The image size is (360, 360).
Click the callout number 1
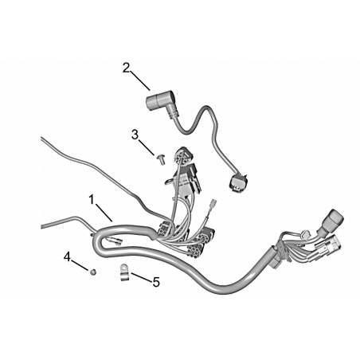point(92,200)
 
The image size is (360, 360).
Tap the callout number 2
point(126,68)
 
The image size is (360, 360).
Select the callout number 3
point(135,135)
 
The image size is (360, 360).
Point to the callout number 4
point(67,257)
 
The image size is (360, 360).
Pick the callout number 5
point(156,282)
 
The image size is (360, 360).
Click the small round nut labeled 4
point(93,272)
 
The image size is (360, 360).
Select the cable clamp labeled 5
point(124,272)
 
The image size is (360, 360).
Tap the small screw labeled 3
point(161,160)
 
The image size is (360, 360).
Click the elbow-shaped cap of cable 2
point(162,106)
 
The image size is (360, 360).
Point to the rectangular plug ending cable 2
point(238,183)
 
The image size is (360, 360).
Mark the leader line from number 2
point(140,80)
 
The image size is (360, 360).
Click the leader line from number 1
point(104,213)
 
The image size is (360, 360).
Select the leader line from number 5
point(141,276)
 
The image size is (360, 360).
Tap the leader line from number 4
point(80,264)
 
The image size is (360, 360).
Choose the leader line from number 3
point(147,147)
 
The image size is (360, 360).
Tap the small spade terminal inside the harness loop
point(115,241)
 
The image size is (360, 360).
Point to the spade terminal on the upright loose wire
point(213,205)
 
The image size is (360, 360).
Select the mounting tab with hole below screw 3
point(170,182)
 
